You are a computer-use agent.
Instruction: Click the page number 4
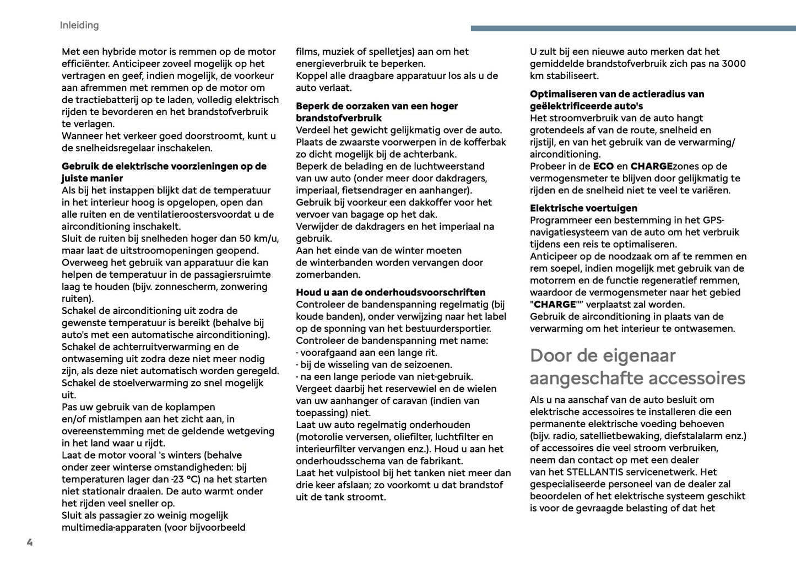tap(30, 542)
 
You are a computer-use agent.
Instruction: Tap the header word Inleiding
tap(79, 25)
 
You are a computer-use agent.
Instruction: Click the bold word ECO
tap(603, 166)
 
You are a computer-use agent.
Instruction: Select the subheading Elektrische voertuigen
tap(583, 208)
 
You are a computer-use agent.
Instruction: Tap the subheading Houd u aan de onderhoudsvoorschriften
tap(391, 293)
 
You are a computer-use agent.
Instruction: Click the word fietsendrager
tap(375, 191)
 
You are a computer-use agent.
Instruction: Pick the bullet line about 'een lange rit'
tap(366, 353)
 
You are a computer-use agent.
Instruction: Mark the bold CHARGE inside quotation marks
tap(555, 305)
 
